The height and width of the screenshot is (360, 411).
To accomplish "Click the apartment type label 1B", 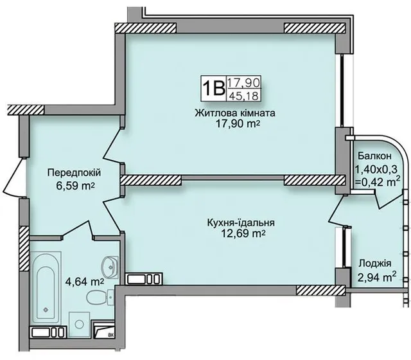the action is (x=214, y=88).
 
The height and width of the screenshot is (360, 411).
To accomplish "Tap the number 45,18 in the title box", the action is (x=244, y=96).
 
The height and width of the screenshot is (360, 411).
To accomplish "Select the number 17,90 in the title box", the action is (x=244, y=83).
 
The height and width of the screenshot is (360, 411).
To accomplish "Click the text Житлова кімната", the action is (x=235, y=113).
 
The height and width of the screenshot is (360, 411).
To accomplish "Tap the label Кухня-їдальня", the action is (x=241, y=223).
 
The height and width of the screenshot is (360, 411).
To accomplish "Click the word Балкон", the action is (x=374, y=156).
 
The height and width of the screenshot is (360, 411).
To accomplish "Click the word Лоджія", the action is (x=375, y=263).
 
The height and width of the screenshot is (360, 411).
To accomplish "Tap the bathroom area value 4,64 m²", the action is (x=85, y=282).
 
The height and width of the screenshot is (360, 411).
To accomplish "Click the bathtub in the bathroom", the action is (x=46, y=289).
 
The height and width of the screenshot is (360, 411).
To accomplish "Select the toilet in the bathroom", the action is (x=100, y=297).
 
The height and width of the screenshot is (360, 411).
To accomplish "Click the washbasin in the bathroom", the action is (x=110, y=266).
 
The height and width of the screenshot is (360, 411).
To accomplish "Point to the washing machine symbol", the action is (x=79, y=324).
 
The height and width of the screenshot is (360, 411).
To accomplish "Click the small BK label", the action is (x=111, y=334).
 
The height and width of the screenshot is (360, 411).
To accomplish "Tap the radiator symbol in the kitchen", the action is (x=144, y=278).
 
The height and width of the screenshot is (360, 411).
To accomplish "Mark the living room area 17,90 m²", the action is (x=238, y=123).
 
